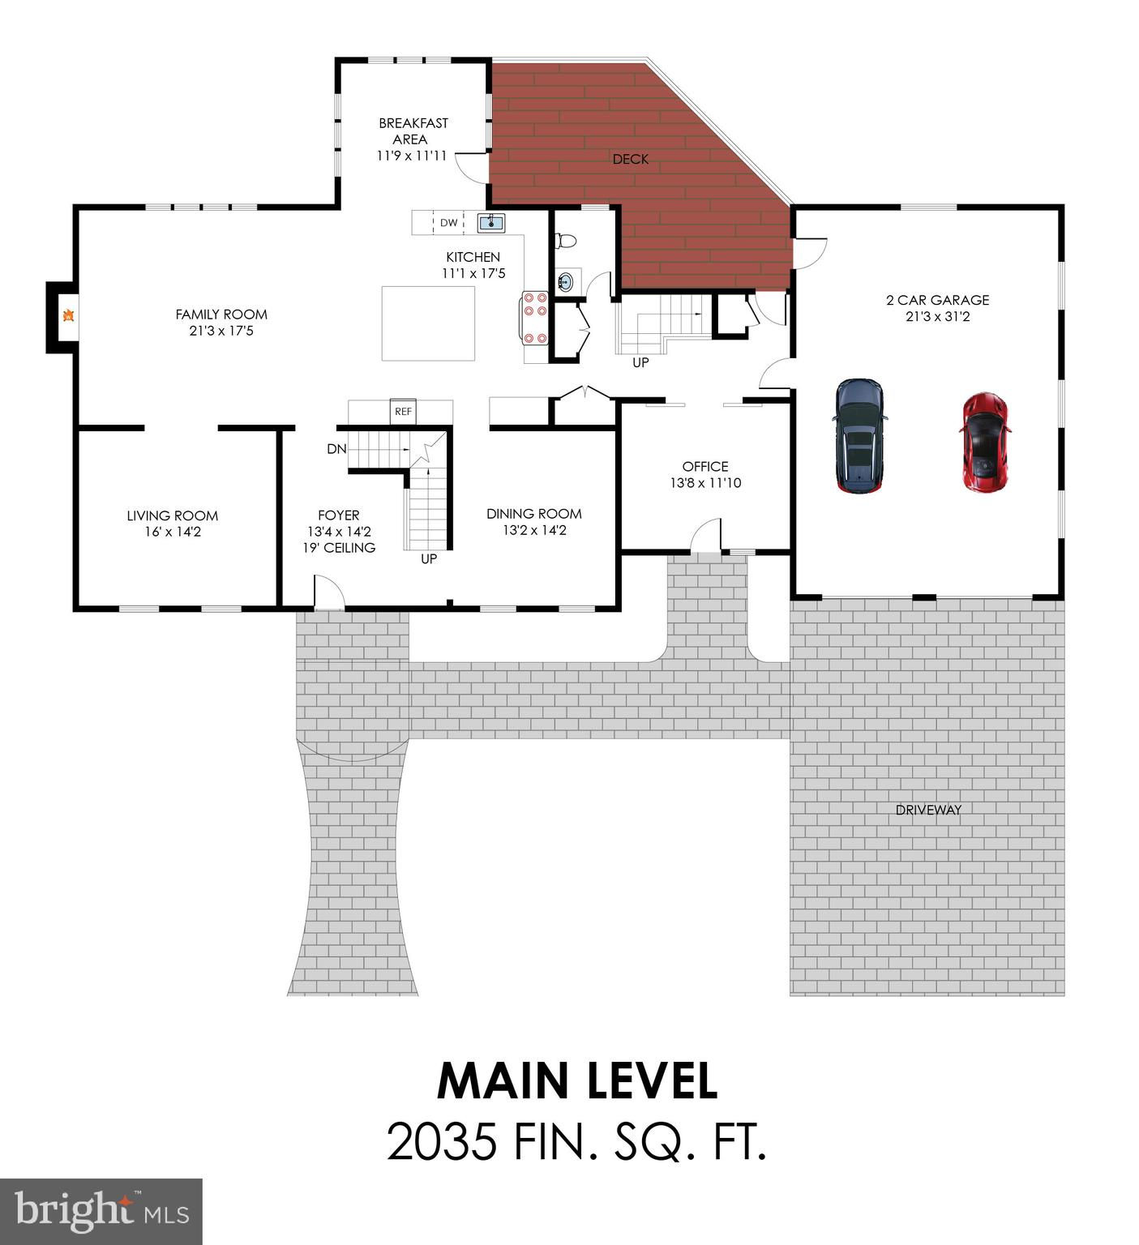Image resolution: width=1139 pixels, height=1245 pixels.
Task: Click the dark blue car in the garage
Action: click(859, 436)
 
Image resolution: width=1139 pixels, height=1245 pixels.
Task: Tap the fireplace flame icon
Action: click(70, 316)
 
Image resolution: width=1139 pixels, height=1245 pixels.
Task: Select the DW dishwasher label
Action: click(448, 223)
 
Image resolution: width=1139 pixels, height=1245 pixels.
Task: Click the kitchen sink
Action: click(491, 221)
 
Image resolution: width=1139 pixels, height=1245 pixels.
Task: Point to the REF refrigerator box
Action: click(403, 412)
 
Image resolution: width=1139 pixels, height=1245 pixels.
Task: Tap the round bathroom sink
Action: click(566, 281)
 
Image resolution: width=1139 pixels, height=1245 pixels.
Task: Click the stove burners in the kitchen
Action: click(535, 317)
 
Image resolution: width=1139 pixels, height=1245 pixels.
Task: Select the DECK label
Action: click(631, 160)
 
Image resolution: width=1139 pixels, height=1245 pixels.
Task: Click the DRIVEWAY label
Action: click(928, 810)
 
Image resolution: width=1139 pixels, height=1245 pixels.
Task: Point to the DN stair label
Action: click(336, 449)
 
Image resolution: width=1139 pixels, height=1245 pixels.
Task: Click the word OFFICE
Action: click(705, 466)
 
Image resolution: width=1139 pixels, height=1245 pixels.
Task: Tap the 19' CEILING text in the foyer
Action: click(339, 548)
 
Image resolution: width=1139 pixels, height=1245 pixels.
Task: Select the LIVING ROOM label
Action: click(172, 516)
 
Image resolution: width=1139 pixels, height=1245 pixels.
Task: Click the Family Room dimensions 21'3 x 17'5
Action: click(221, 331)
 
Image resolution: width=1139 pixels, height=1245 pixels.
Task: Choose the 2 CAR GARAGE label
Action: click(937, 300)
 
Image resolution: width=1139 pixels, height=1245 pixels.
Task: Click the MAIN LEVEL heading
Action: click(577, 1080)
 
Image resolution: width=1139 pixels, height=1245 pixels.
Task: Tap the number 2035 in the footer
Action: click(442, 1142)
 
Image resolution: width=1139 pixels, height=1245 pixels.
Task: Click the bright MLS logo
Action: click(101, 1211)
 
